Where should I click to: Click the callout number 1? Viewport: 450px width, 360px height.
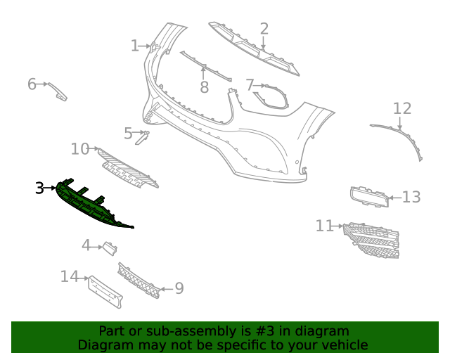[x=135, y=46]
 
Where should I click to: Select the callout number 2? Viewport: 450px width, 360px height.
[x=264, y=29]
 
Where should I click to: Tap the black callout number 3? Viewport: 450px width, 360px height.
[x=40, y=188]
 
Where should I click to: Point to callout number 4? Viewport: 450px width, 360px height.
[x=86, y=245]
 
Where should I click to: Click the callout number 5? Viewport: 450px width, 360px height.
[x=128, y=133]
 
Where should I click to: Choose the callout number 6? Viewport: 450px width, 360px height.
[x=32, y=84]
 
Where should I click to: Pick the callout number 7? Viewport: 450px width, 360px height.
[x=250, y=85]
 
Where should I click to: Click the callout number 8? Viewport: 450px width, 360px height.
[x=204, y=87]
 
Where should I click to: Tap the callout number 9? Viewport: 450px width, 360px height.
[x=179, y=288]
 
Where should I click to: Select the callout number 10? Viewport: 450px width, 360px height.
[x=80, y=149]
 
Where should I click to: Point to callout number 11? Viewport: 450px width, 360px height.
[x=324, y=226]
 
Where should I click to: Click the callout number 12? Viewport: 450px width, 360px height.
[x=401, y=108]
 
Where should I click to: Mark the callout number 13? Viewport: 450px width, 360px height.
[x=411, y=197]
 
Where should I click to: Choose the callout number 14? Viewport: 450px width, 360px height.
[x=69, y=277]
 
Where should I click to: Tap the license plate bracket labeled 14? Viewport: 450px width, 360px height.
[x=105, y=290]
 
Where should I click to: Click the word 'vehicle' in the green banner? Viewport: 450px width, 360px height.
[x=342, y=345]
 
